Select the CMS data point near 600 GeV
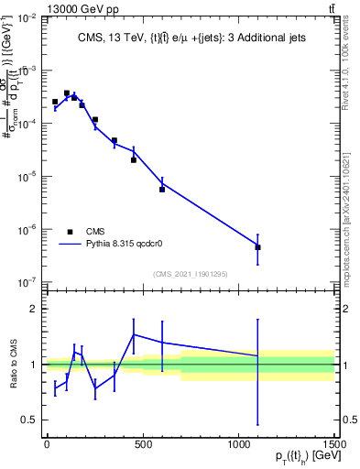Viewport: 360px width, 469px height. [x=162, y=190]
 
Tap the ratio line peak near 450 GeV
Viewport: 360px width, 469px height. [x=134, y=334]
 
